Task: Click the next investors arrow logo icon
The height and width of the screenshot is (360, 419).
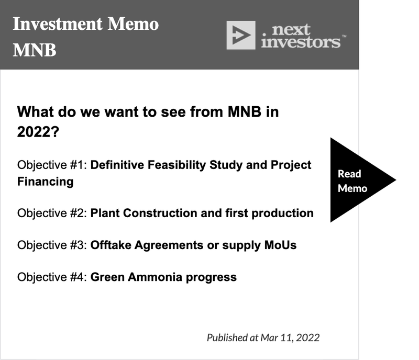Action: (x=241, y=35)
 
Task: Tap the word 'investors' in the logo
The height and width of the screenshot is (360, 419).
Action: (x=301, y=42)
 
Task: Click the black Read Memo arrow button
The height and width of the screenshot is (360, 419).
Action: (x=358, y=180)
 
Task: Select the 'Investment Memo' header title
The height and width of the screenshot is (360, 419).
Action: (x=86, y=24)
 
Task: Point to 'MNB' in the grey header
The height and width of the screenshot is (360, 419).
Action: (x=35, y=50)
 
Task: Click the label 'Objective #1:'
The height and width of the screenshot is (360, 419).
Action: (x=52, y=165)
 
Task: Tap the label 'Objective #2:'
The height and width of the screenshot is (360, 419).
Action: (x=52, y=213)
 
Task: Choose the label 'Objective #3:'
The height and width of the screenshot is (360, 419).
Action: (x=52, y=245)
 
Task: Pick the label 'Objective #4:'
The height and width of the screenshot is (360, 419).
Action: (x=52, y=277)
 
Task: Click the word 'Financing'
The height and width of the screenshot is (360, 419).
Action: (x=46, y=182)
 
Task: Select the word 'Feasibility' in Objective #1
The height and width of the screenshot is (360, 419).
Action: (x=177, y=165)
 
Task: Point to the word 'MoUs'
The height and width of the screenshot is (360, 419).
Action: (x=280, y=245)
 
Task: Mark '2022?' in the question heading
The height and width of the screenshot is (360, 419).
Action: (x=38, y=132)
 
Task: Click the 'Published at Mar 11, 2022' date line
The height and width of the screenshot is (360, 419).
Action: (x=263, y=338)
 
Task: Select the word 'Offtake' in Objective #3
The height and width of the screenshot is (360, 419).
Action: (x=111, y=245)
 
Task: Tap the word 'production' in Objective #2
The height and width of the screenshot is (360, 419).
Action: (x=282, y=213)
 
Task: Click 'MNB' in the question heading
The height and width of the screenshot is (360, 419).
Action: (x=245, y=111)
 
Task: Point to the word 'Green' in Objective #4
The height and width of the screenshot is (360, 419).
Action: (x=107, y=277)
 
